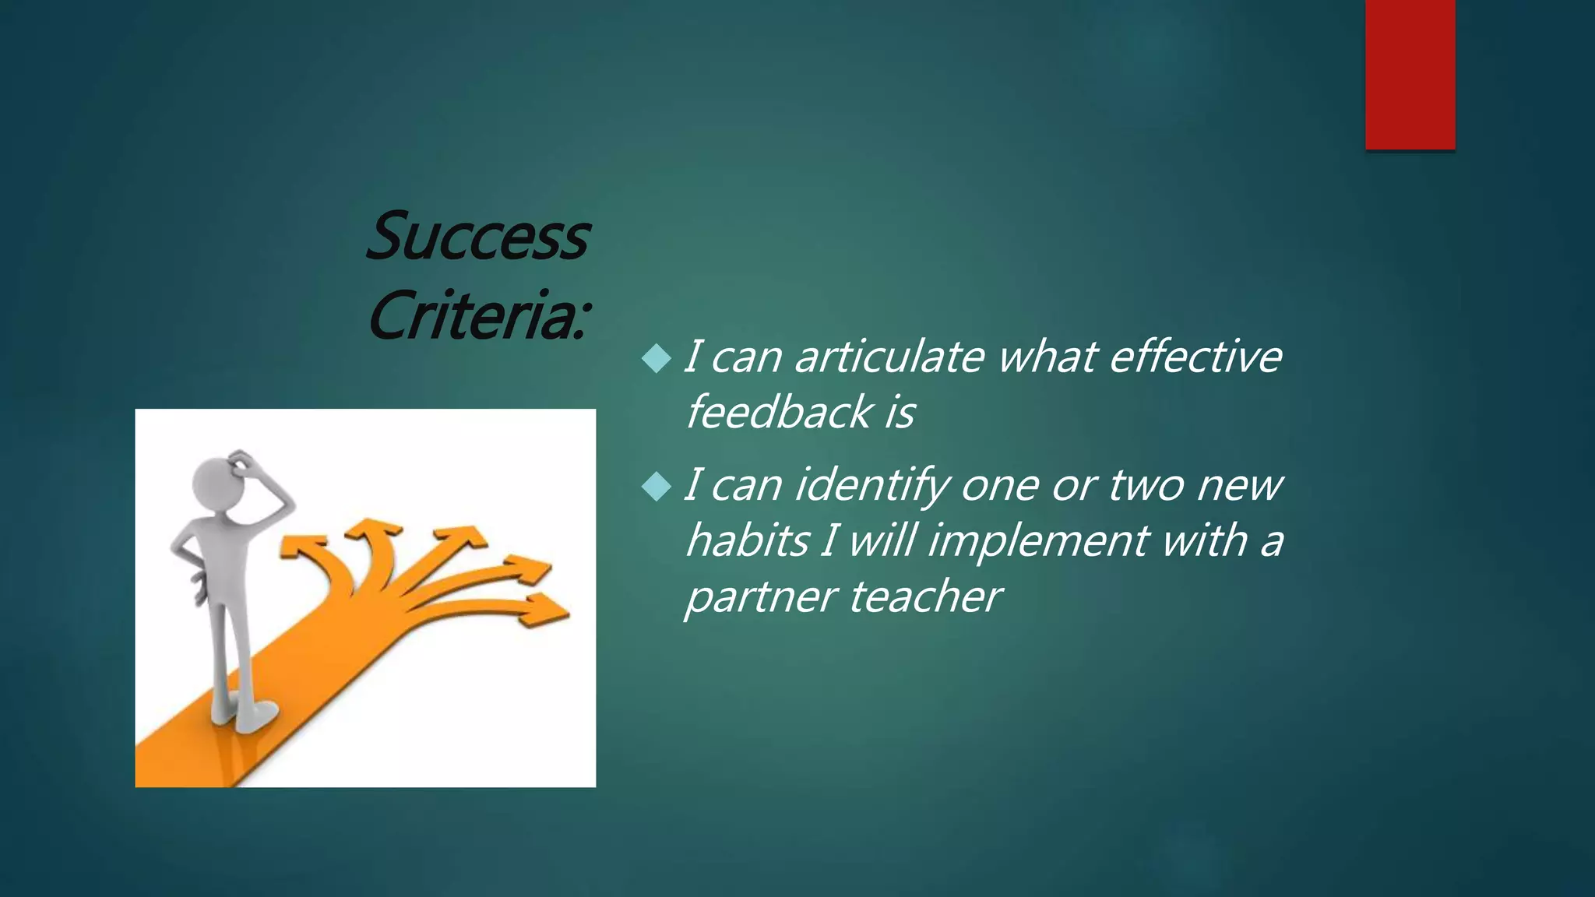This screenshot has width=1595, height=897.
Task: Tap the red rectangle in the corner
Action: pos(1410,74)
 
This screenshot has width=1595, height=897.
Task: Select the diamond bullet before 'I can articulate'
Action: pos(657,359)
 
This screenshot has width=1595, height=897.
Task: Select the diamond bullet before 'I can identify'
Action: pos(657,487)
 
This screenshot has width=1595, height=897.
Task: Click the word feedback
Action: pos(778,412)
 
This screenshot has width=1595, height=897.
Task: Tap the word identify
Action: pos(871,486)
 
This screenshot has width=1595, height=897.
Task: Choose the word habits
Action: pos(748,540)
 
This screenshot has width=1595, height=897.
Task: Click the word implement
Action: pos(1037,540)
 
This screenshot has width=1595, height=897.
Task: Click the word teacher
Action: pos(925,597)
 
